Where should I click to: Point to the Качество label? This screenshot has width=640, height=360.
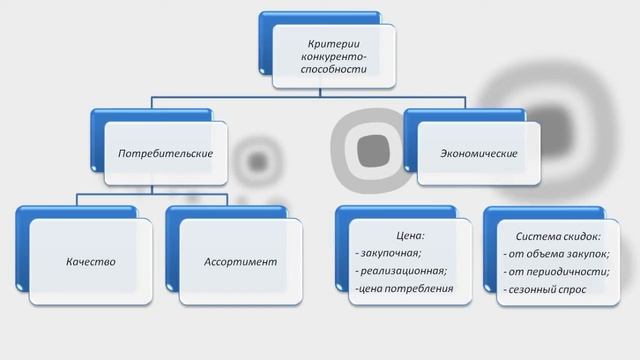(x=91, y=262)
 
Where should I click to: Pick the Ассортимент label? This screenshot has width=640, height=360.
(x=240, y=262)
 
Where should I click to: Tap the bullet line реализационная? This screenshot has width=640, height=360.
(x=401, y=271)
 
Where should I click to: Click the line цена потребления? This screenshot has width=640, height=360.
(x=403, y=289)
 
